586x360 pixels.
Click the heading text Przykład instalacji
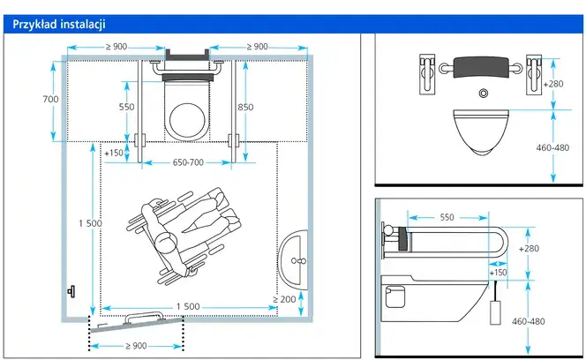click(x=59, y=25)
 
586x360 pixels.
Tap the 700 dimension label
click(x=50, y=99)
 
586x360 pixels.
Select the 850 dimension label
click(x=245, y=107)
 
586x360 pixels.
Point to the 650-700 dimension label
click(x=188, y=162)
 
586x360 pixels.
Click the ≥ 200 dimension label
click(x=284, y=299)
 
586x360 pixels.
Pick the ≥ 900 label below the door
click(x=136, y=346)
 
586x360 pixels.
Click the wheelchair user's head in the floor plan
click(x=166, y=243)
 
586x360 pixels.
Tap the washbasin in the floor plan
click(x=293, y=259)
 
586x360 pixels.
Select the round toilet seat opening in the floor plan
click(x=187, y=120)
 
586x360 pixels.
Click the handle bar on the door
click(x=144, y=316)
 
